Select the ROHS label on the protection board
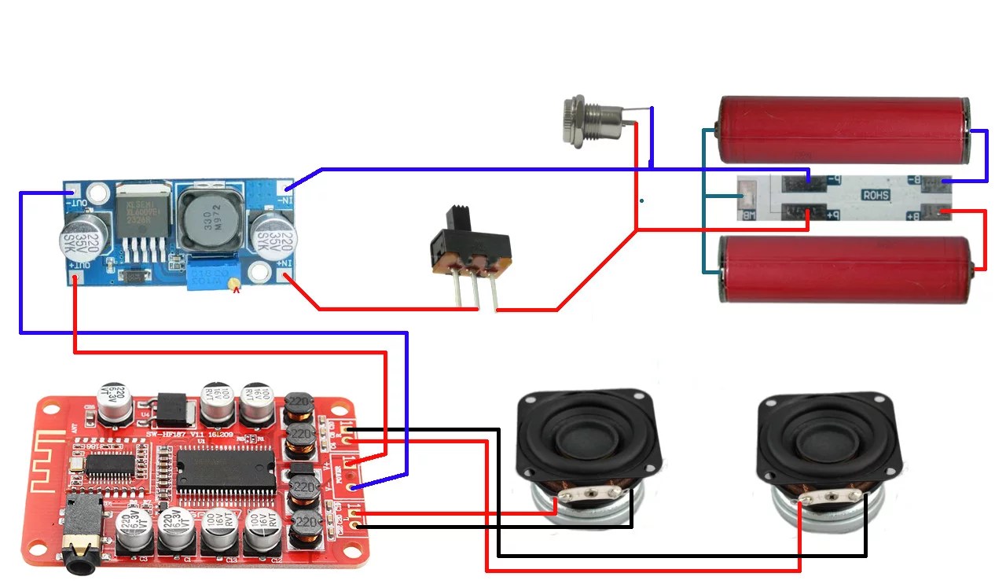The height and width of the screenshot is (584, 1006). point(876,195)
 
